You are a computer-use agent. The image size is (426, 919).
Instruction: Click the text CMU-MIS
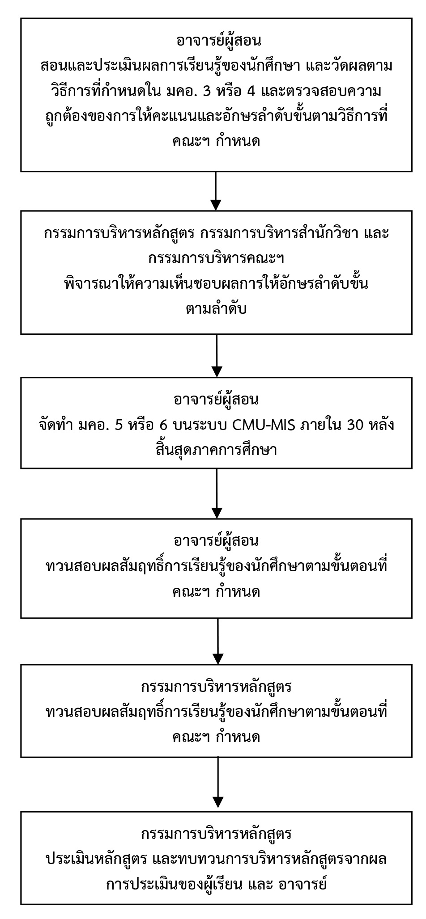click(264, 425)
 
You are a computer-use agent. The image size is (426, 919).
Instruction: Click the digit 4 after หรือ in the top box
click(251, 92)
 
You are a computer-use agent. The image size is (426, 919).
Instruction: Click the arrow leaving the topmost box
click(216, 191)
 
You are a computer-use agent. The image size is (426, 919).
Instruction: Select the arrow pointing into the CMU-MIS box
click(216, 356)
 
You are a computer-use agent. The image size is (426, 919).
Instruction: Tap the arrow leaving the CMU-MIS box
click(216, 493)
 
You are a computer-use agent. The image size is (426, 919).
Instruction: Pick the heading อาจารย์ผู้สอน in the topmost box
click(216, 41)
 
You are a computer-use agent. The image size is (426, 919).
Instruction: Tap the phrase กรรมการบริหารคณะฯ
click(217, 259)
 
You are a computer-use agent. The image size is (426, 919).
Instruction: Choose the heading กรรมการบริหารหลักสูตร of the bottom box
click(217, 834)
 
